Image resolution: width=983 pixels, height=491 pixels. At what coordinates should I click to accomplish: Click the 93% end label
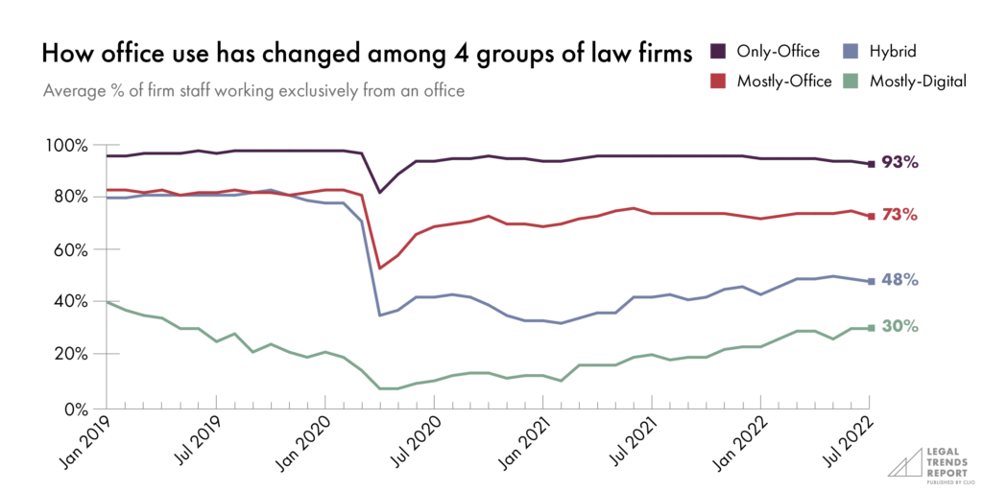point(900,164)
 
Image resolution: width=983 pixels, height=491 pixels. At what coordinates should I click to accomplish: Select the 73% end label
point(900,216)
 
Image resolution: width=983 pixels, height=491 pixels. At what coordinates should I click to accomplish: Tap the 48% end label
point(900,280)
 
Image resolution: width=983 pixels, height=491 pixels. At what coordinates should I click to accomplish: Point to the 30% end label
point(900,327)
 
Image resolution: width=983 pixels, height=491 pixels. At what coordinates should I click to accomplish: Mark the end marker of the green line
point(871,328)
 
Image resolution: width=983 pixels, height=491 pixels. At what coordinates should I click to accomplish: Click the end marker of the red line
point(871,217)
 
